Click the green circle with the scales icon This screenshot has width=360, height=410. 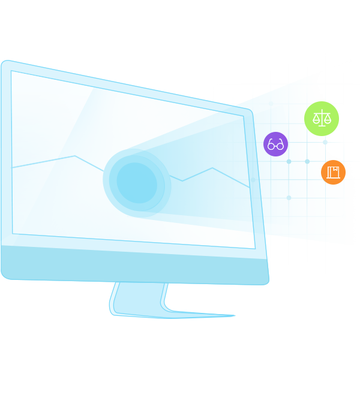pyautogui.click(x=322, y=119)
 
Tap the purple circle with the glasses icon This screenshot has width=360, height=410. pyautogui.click(x=275, y=144)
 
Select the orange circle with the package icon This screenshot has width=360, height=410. pyautogui.click(x=333, y=172)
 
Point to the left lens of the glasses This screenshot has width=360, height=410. pyautogui.click(x=271, y=145)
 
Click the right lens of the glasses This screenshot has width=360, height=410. pyautogui.click(x=280, y=145)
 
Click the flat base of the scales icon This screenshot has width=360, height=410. pyautogui.click(x=322, y=125)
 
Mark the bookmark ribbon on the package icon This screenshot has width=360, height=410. pyautogui.click(x=335, y=170)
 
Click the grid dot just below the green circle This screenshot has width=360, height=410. pyautogui.click(x=325, y=142)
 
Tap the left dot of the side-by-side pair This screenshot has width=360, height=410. pyautogui.click(x=289, y=161)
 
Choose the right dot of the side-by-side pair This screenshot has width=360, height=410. pyautogui.click(x=307, y=161)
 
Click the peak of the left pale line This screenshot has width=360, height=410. pyautogui.click(x=75, y=156)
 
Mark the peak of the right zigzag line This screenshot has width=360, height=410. pyautogui.click(x=212, y=168)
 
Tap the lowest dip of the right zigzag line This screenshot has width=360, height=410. pyautogui.click(x=182, y=181)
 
